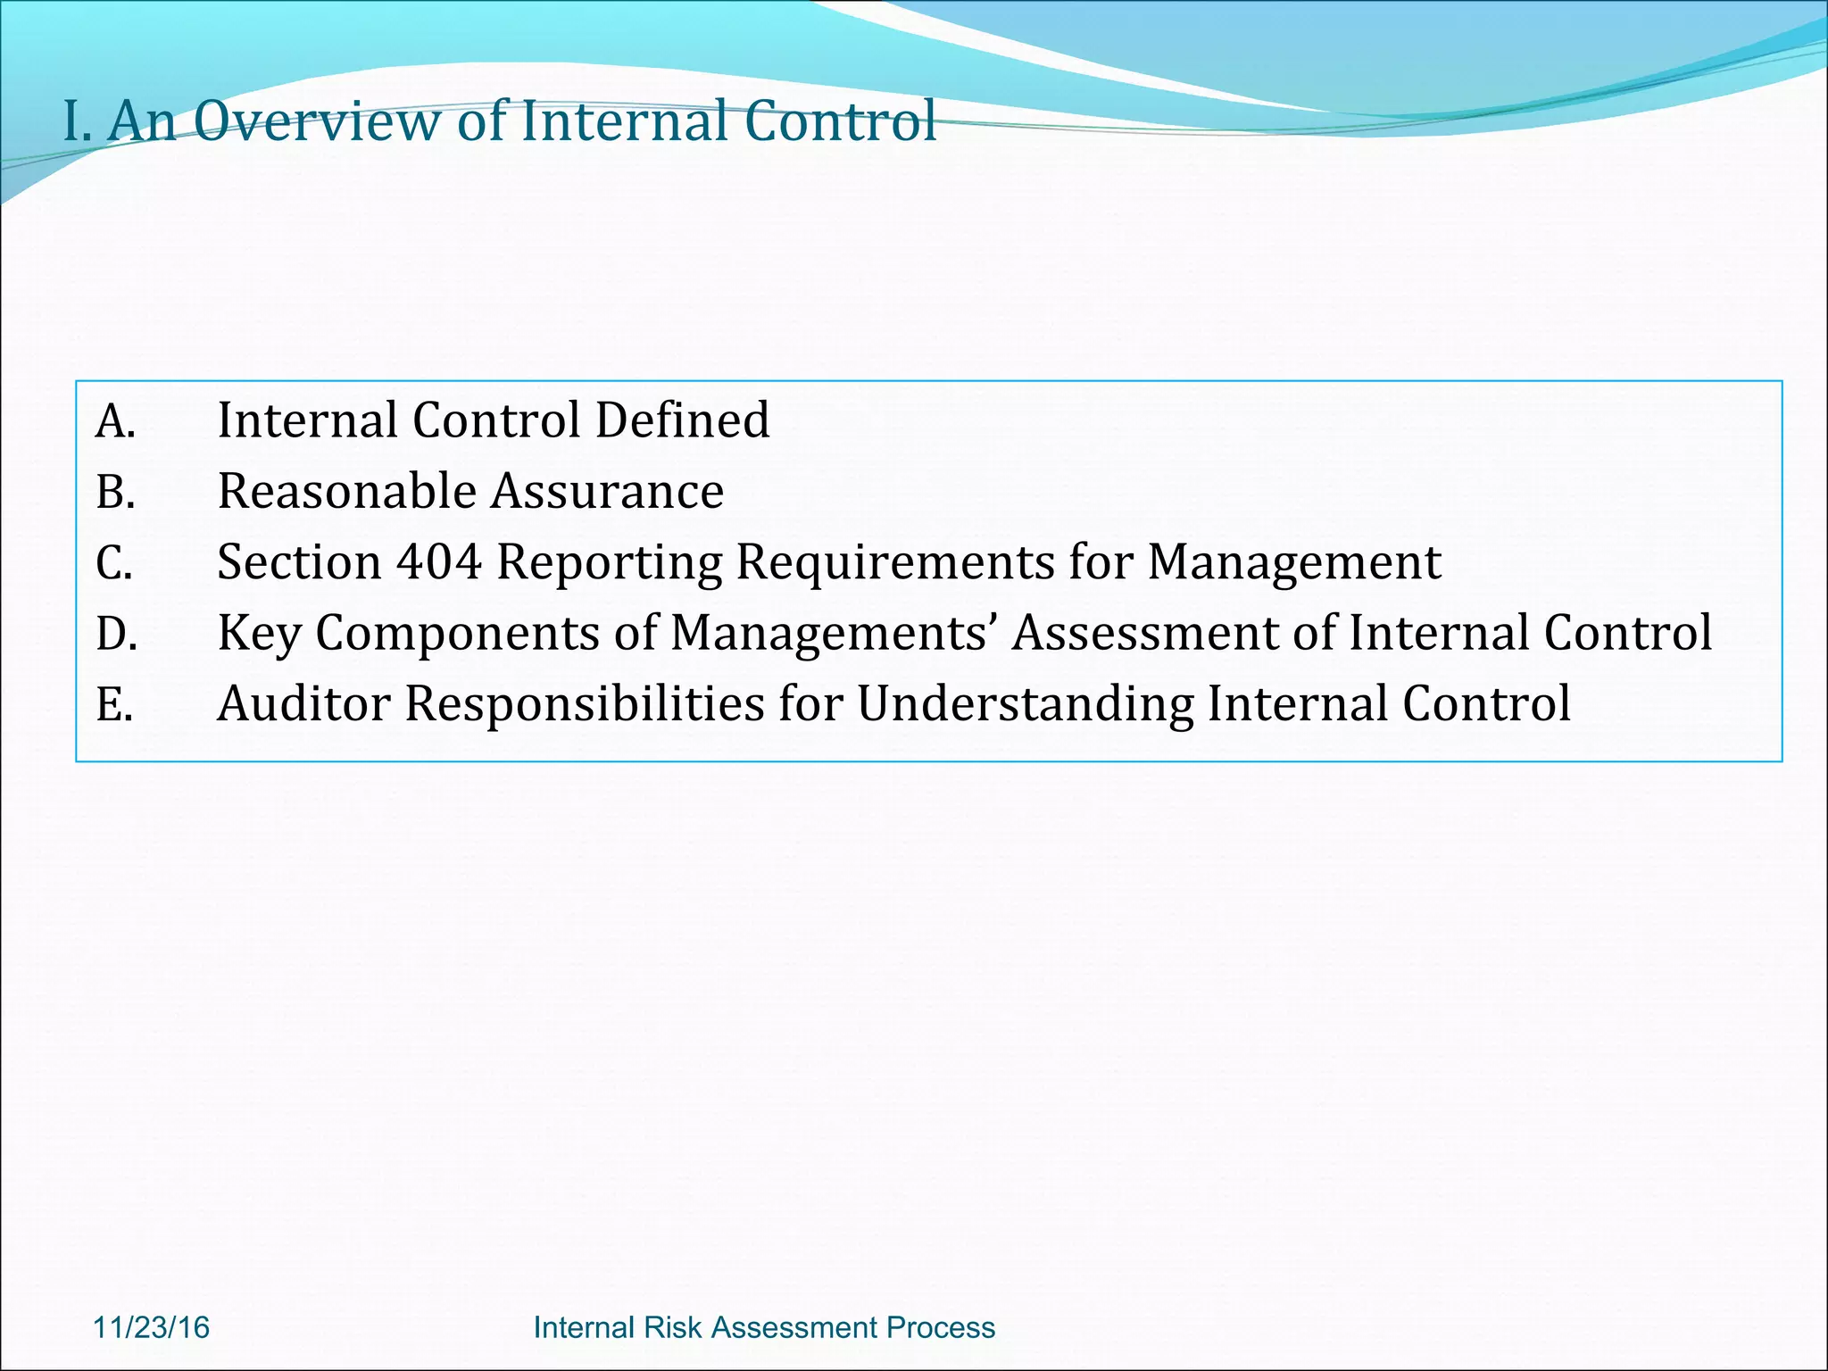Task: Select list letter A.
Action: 115,421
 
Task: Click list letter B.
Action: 115,493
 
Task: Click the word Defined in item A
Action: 682,420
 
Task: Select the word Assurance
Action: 609,492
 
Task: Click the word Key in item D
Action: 259,634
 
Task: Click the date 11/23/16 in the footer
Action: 151,1327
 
